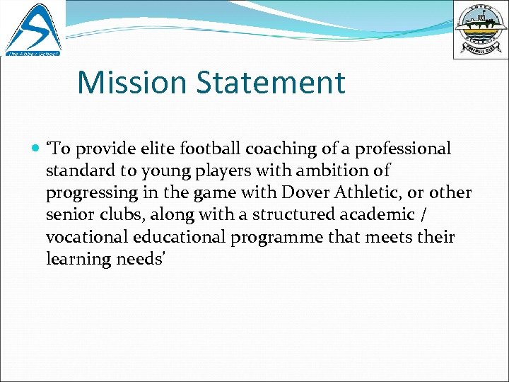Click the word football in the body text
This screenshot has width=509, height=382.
[210, 149]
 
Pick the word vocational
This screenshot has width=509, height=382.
[86, 237]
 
